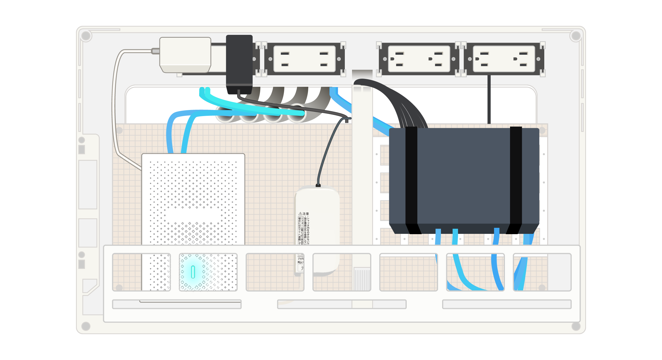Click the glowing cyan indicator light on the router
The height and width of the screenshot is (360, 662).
193,272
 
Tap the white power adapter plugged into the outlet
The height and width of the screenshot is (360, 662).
185,54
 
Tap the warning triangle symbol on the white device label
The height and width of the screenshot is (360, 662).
300,214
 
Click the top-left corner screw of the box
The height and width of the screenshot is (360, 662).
86,36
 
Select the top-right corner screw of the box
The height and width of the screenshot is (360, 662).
576,36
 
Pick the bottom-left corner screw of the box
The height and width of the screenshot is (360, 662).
86,326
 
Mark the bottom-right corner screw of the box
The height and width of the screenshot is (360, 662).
576,326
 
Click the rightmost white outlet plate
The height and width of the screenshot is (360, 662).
504,59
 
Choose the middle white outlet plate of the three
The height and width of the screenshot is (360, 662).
419,59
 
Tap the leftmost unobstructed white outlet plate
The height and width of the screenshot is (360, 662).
304,59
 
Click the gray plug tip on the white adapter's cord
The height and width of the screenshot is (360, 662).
155,51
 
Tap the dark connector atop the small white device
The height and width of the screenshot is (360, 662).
318,185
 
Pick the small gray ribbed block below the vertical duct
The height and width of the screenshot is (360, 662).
362,279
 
